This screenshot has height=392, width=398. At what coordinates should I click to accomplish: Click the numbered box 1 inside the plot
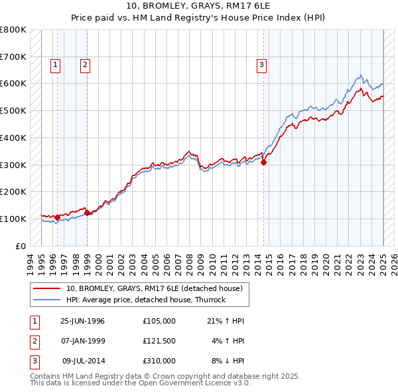54,64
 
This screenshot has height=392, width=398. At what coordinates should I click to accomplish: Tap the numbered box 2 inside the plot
86,64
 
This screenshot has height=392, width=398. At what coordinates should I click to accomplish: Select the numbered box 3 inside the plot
262,64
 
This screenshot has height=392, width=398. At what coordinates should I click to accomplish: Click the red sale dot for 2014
263,161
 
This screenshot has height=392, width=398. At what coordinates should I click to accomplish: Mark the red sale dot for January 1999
87,213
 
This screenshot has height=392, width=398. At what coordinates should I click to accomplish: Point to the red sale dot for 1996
58,217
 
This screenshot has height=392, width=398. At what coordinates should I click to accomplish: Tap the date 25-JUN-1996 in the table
82,321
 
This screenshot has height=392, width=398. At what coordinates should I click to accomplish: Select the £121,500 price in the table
159,341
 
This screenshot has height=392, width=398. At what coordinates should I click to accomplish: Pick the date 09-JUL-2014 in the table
84,361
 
